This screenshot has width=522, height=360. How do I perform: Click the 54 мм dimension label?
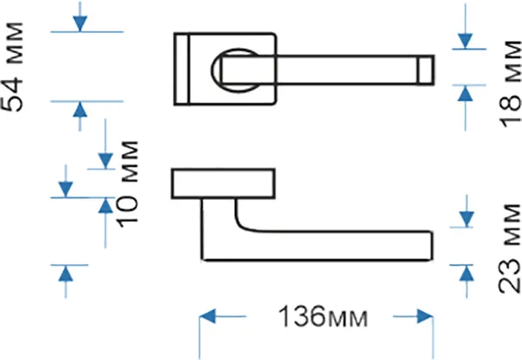click(x=12, y=67)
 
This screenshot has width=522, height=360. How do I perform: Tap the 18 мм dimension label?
click(x=511, y=83)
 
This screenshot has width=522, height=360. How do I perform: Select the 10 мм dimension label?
click(x=127, y=184)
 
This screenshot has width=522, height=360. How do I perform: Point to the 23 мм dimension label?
click(x=509, y=249)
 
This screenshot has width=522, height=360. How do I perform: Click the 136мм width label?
click(x=323, y=317)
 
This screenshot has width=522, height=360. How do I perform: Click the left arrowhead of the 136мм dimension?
click(x=207, y=316)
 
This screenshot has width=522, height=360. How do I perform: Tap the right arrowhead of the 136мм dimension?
click(x=425, y=316)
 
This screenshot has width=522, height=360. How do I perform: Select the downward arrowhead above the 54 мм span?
click(x=80, y=24)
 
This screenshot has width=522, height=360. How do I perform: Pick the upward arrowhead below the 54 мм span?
click(x=80, y=110)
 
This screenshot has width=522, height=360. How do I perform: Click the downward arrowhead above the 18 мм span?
click(x=465, y=41)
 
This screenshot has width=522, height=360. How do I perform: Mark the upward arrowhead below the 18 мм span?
click(x=465, y=94)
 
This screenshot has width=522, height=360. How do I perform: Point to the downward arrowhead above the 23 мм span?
click(x=466, y=219)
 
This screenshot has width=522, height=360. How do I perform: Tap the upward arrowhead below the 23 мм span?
click(x=466, y=274)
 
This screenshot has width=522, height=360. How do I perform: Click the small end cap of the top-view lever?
click(x=425, y=70)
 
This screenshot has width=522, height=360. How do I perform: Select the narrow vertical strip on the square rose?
click(x=182, y=69)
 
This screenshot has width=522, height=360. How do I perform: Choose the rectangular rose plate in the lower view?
click(x=224, y=183)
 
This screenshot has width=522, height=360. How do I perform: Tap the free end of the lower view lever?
click(x=432, y=245)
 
